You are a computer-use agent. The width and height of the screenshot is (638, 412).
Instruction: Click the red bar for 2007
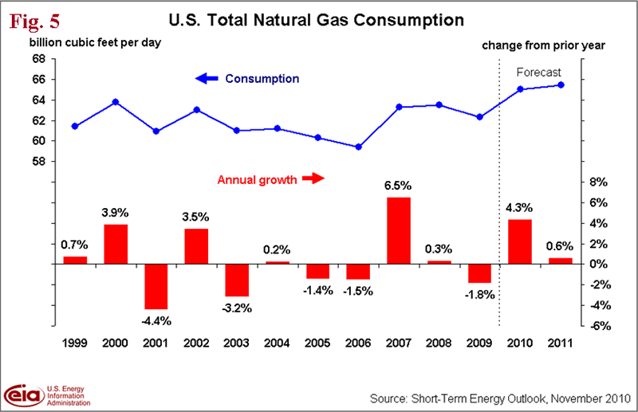coord(399,230)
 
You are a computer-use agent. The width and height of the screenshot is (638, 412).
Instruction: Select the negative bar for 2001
coord(156,286)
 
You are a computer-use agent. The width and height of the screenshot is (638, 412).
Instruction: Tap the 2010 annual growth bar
coord(520,241)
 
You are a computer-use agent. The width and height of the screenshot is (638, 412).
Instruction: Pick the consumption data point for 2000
coord(116,102)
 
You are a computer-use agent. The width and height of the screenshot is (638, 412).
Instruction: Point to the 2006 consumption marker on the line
coord(358,147)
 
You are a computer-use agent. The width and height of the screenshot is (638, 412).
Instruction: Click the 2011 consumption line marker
coord(561,85)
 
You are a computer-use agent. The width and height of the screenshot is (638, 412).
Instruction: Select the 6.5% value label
coord(399,186)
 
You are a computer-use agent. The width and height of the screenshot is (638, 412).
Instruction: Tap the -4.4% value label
coord(156,320)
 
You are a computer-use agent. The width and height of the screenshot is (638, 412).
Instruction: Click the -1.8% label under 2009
coord(479,294)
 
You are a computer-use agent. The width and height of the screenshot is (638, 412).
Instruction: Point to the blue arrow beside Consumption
coord(206,79)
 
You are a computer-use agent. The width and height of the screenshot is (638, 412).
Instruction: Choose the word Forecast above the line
coord(540,72)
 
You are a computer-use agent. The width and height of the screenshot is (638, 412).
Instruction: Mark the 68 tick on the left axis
coord(38,59)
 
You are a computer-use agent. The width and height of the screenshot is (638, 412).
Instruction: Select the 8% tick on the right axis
coord(599,182)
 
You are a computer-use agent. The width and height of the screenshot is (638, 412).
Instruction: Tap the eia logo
coord(26,394)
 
